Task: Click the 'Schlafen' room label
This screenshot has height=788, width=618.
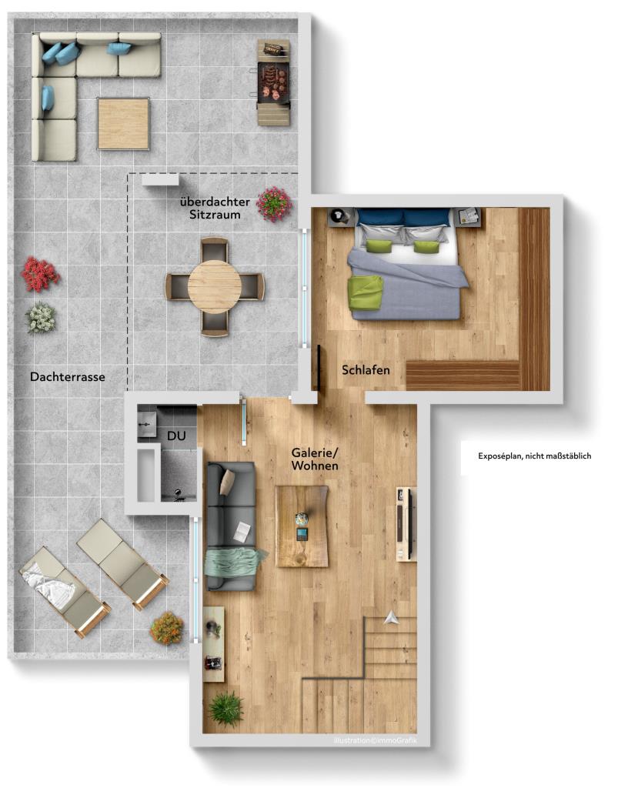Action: coord(366,370)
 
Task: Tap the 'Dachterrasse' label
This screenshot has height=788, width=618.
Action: coord(68,377)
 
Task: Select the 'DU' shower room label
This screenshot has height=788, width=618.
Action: coord(176,436)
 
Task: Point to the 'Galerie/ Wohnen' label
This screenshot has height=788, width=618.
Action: coord(315,459)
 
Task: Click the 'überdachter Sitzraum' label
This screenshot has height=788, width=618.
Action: coord(215,209)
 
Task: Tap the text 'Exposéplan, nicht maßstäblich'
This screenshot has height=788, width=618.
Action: coord(534,456)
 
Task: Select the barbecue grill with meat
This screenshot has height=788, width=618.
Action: coord(273,80)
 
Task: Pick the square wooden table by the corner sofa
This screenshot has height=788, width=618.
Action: coord(123,123)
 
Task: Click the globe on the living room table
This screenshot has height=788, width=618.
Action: coord(302,521)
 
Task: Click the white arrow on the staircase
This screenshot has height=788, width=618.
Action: coord(392,615)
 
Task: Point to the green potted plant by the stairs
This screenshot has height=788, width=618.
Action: coord(226,707)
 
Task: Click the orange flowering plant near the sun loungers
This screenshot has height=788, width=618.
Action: coord(167,628)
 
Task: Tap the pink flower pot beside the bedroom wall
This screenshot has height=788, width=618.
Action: coord(274,203)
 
